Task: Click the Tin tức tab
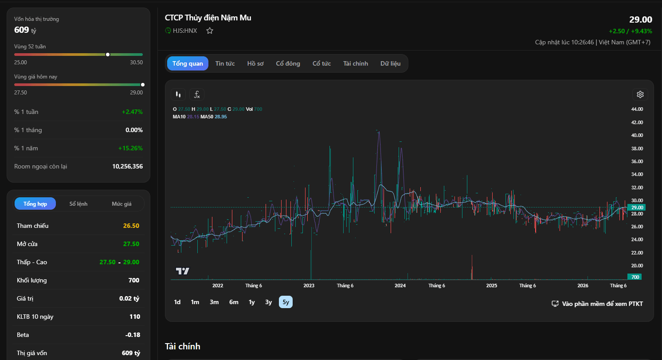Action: (225, 63)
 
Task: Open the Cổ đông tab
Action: (288, 63)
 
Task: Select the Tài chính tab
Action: (356, 63)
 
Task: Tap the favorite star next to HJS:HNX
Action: (210, 31)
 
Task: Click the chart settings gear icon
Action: (640, 94)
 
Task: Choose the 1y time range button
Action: (251, 302)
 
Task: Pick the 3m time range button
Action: (214, 302)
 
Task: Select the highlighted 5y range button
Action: (286, 302)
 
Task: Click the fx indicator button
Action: (197, 94)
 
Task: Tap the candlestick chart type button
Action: (178, 94)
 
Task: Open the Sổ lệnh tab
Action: (78, 203)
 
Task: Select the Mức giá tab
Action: (121, 203)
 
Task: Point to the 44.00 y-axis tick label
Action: (637, 109)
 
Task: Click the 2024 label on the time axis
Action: (400, 286)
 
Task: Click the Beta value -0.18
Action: (133, 335)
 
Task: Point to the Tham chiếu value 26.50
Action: (131, 226)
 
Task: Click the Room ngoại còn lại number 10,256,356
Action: (127, 166)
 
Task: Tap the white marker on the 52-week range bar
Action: (108, 55)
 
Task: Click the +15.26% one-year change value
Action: (130, 149)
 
